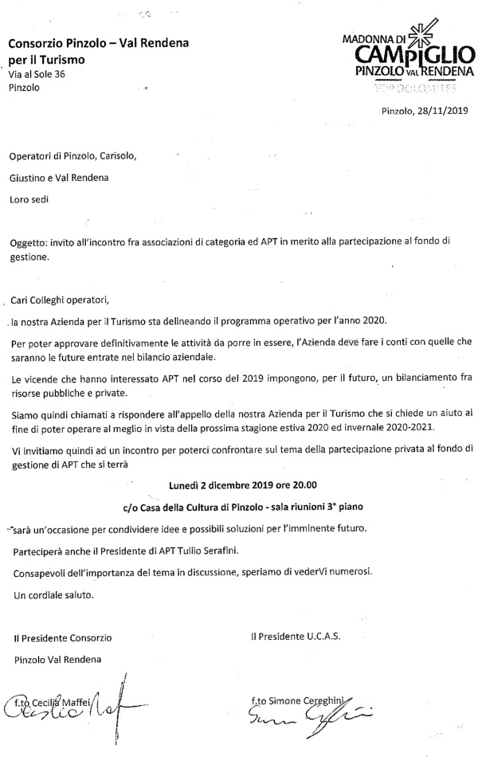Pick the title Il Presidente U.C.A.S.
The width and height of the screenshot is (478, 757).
(x=295, y=637)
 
